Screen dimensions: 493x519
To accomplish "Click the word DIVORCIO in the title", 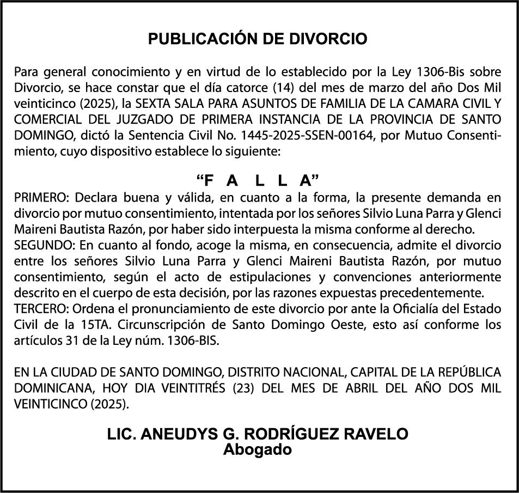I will point(335,39).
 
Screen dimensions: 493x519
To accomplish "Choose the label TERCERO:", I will point(41,308).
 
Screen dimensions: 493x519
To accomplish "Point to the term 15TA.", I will point(94,324).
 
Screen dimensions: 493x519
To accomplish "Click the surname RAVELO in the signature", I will point(376,434).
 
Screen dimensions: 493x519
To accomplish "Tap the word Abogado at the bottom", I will point(258,449).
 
